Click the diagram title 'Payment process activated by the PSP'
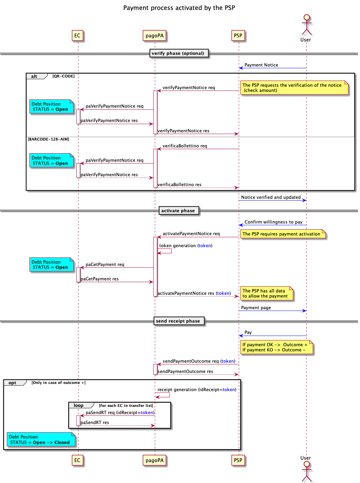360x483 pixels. [179, 8]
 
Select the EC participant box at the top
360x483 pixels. [77, 36]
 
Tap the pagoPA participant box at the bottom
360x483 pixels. [154, 460]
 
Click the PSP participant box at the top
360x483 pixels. [238, 36]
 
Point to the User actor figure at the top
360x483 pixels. [306, 25]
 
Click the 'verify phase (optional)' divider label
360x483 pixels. [178, 53]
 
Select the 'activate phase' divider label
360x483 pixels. [178, 211]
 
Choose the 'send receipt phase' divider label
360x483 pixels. [178, 321]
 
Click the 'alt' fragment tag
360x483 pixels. [35, 76]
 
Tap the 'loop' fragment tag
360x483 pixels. [79, 406]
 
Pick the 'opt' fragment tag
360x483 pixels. [13, 383]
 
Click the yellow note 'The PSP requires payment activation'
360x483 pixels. [282, 234]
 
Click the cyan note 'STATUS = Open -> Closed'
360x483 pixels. [40, 440]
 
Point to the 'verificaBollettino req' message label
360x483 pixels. [185, 146]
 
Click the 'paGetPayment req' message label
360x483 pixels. [105, 265]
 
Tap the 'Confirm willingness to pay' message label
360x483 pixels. [273, 222]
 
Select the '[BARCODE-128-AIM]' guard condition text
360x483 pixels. [49, 139]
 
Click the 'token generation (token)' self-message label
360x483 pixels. [186, 246]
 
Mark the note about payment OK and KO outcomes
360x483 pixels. [276, 347]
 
